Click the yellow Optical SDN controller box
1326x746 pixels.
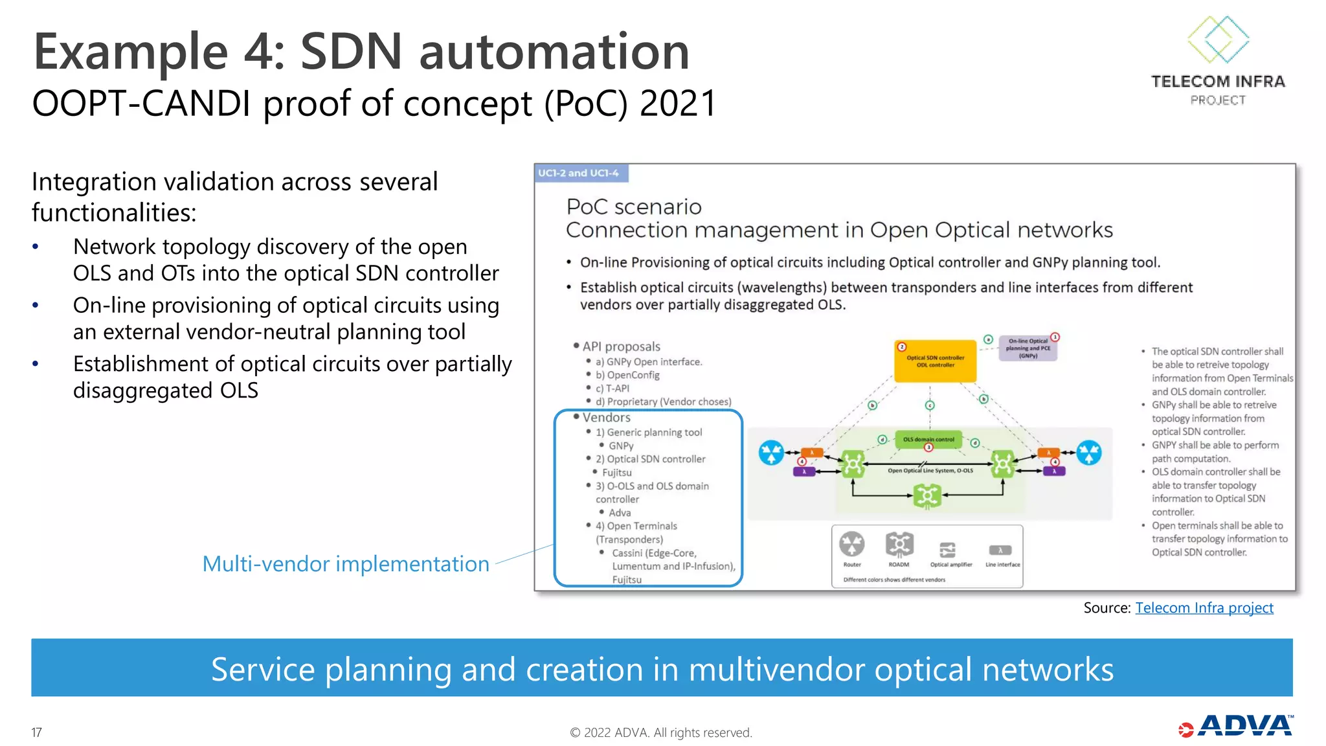(x=935, y=361)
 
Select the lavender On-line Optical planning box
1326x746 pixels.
(x=1028, y=348)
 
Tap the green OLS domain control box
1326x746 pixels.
(x=928, y=439)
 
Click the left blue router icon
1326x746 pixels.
(x=771, y=453)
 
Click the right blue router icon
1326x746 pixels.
(x=1089, y=453)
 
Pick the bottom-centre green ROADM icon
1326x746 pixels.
(x=927, y=497)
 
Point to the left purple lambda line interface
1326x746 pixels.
(x=804, y=471)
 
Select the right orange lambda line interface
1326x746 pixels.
(x=1048, y=453)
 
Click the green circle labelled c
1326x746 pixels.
(x=930, y=405)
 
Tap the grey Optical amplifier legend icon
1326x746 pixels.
(x=947, y=550)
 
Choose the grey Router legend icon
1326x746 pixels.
(x=852, y=544)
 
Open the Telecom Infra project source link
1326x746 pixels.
(x=1204, y=607)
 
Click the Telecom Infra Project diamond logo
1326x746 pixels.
(x=1218, y=40)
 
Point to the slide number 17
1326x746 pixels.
(x=37, y=732)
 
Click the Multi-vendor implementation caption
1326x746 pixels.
(x=346, y=564)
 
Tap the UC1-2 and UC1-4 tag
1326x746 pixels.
(x=578, y=173)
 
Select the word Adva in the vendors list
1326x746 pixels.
(x=620, y=512)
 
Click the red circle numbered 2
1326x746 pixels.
(x=901, y=347)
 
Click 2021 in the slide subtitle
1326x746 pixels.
(x=678, y=104)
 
